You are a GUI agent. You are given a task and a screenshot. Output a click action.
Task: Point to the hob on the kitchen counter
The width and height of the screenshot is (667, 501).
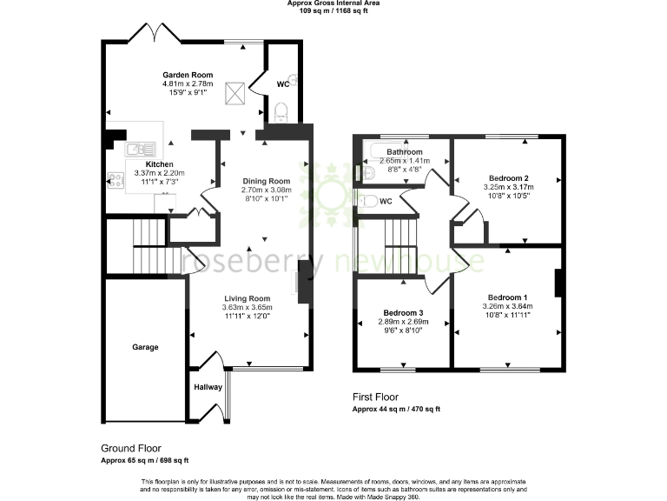(x=115, y=181)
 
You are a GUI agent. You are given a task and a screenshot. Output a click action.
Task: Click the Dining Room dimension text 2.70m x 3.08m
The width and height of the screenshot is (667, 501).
(x=267, y=190)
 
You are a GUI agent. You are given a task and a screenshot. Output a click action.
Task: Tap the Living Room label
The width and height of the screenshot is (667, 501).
(x=247, y=297)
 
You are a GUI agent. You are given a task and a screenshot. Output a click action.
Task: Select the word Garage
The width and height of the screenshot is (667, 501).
(x=145, y=347)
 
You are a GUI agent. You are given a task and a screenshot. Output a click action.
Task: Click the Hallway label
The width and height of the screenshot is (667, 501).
(x=208, y=387)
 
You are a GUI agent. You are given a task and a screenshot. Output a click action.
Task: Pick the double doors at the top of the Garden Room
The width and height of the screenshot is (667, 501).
(x=153, y=36)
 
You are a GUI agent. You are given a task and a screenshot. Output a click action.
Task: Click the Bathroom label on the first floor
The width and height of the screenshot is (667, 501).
(x=405, y=151)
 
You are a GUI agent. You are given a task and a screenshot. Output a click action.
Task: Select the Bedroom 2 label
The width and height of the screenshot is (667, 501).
(x=508, y=177)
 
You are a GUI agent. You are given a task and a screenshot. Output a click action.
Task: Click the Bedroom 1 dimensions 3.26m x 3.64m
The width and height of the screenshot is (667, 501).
(x=507, y=306)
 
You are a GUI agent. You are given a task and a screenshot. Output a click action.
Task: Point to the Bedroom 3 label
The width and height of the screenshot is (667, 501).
(x=404, y=312)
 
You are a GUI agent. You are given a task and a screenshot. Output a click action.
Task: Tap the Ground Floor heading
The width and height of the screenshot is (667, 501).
(x=130, y=448)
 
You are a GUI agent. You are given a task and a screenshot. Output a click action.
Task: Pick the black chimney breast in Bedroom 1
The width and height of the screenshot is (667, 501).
(x=558, y=284)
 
